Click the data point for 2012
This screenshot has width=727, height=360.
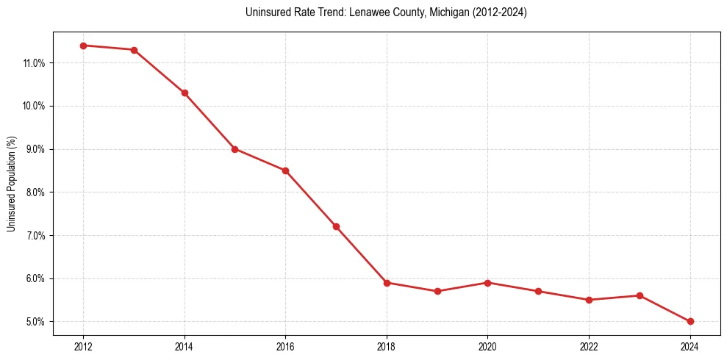[83, 46]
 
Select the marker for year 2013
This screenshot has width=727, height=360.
[134, 50]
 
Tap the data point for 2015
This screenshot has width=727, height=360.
[235, 149]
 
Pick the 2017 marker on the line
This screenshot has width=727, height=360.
[336, 226]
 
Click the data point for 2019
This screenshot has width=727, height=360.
[437, 291]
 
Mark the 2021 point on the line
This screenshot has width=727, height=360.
[538, 291]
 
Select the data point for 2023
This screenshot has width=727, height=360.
[640, 295]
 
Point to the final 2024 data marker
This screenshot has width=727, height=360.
[690, 321]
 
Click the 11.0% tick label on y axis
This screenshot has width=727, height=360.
[34, 63]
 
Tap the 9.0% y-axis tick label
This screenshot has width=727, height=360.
[35, 149]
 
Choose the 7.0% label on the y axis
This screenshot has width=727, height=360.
[35, 236]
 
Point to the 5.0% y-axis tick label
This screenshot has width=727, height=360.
[35, 322]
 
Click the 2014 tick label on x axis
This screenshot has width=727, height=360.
[185, 346]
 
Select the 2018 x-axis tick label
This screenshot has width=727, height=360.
[387, 346]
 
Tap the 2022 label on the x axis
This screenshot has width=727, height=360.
[589, 346]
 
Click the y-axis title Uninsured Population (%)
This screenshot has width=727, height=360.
[11, 184]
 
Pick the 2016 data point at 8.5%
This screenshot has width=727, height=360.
[285, 170]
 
